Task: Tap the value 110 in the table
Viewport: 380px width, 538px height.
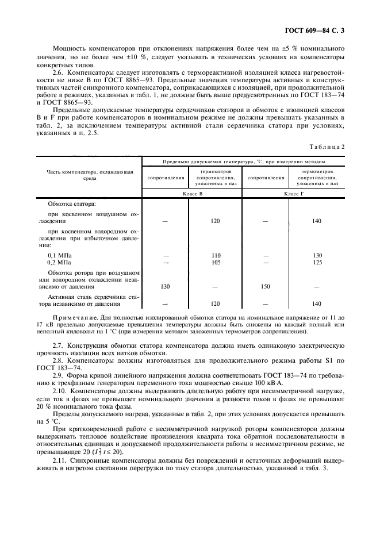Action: tap(216, 255)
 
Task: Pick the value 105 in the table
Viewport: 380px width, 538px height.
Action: tap(216, 262)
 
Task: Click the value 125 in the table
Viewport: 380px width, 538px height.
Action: tap(317, 262)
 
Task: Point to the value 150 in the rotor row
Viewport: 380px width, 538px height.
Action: tap(265, 286)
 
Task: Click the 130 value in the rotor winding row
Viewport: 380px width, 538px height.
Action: tap(166, 286)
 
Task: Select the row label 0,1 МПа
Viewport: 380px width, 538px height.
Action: tap(60, 255)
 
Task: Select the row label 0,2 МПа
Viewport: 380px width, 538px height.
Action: tap(60, 262)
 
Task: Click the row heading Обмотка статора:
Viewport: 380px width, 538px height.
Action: tap(72, 204)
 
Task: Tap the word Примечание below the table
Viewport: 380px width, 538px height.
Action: tap(73, 317)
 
